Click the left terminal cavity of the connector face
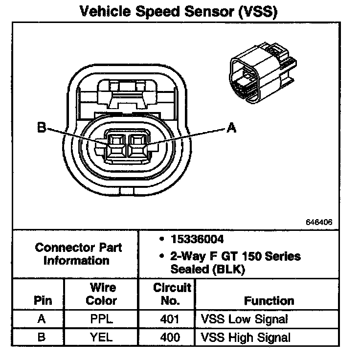coord(116,144)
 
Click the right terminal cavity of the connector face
coord(135,144)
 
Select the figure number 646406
coord(319,222)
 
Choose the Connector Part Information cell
coord(78,254)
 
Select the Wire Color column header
coord(101,293)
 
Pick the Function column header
coord(269,300)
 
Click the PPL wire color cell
coord(101,319)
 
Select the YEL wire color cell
coord(101,337)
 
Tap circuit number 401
coord(170,319)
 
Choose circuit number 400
coord(170,337)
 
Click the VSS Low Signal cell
coord(244,319)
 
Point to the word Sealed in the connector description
coord(188,269)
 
